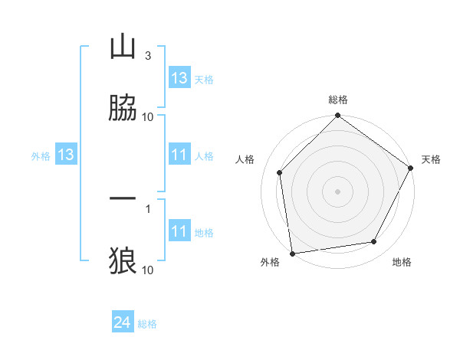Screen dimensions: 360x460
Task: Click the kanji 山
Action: (123, 47)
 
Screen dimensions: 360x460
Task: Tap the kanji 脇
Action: (123, 108)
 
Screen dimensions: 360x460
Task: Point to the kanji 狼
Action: (123, 261)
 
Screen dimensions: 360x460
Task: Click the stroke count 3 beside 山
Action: (147, 56)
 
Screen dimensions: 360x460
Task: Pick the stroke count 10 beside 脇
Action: (148, 117)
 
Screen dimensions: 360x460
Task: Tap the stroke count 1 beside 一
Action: (147, 208)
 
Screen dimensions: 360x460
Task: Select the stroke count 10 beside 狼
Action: (148, 270)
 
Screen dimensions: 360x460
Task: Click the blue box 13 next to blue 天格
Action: (179, 78)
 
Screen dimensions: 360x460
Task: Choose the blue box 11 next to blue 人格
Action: (179, 155)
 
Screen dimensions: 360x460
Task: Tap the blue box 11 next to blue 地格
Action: (179, 231)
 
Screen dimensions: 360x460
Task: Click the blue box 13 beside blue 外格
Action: (66, 155)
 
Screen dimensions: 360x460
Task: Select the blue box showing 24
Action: (123, 323)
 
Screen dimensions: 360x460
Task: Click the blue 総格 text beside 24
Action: (148, 324)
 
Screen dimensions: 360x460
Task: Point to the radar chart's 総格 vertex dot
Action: (337, 116)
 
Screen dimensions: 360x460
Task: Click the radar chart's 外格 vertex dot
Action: (292, 253)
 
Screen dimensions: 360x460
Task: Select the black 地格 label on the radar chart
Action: (402, 262)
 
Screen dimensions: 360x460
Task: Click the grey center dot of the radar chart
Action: (337, 191)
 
